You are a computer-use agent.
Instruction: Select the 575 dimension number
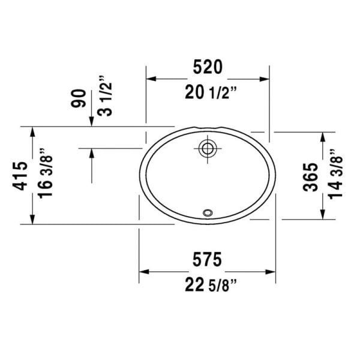(x=208, y=259)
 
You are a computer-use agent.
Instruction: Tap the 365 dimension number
(x=310, y=177)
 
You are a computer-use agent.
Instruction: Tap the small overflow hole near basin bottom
(x=208, y=212)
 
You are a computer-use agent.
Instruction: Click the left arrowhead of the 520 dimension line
(x=151, y=79)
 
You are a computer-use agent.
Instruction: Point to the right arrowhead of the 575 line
(x=272, y=272)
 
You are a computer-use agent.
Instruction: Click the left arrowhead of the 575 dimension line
(x=144, y=272)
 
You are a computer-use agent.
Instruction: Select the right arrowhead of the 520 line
(x=265, y=79)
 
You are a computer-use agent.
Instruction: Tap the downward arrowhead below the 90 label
(x=91, y=122)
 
